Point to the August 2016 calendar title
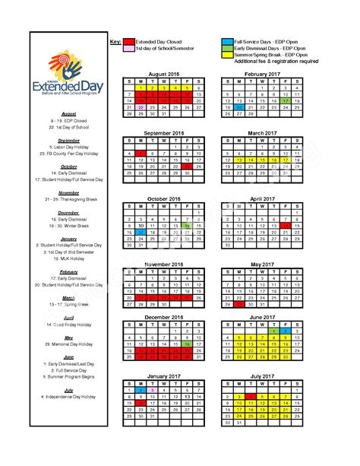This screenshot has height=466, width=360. [x=164, y=74]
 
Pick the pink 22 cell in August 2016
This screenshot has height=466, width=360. [x=141, y=107]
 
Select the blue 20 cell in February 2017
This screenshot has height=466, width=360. [x=240, y=107]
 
